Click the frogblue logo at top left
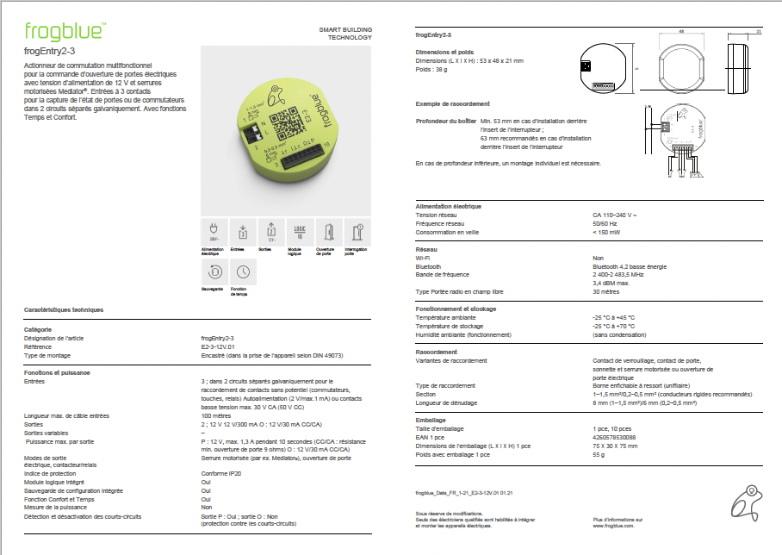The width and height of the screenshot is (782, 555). point(64,32)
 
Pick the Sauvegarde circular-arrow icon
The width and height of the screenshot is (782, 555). point(213,271)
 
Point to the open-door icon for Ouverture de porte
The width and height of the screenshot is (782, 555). point(329,231)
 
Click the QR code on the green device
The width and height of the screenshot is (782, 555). point(282,123)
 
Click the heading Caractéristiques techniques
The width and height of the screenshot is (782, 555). point(63,309)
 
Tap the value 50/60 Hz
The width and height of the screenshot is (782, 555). point(605,223)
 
